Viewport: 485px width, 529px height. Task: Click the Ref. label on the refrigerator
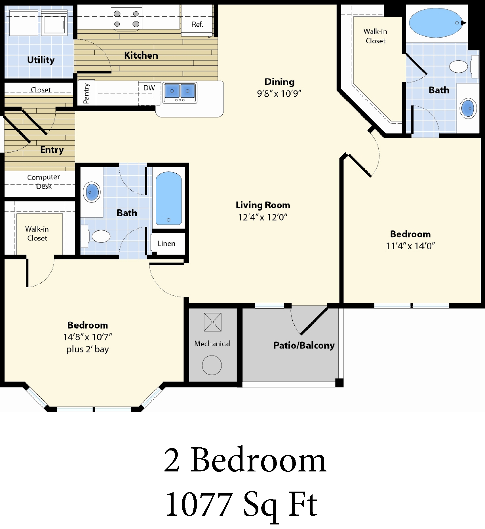197,24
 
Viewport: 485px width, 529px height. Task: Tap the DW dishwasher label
149,88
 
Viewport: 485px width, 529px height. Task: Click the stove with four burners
126,18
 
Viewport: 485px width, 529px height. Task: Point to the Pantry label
86,93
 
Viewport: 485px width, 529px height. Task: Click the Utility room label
41,60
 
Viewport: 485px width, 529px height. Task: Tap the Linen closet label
166,244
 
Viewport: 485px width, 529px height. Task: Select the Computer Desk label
43,181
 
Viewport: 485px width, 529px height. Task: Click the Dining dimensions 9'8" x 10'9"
279,94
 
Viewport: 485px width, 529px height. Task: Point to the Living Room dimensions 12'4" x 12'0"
263,217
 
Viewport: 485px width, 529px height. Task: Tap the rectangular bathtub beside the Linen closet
168,198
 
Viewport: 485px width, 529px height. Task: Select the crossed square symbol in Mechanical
212,322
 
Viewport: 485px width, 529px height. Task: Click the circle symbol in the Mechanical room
212,365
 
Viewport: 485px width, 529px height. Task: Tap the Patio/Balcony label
304,345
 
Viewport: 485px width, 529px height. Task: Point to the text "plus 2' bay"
87,349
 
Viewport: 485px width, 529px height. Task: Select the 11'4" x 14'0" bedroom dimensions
410,246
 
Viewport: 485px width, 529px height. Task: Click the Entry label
52,150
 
